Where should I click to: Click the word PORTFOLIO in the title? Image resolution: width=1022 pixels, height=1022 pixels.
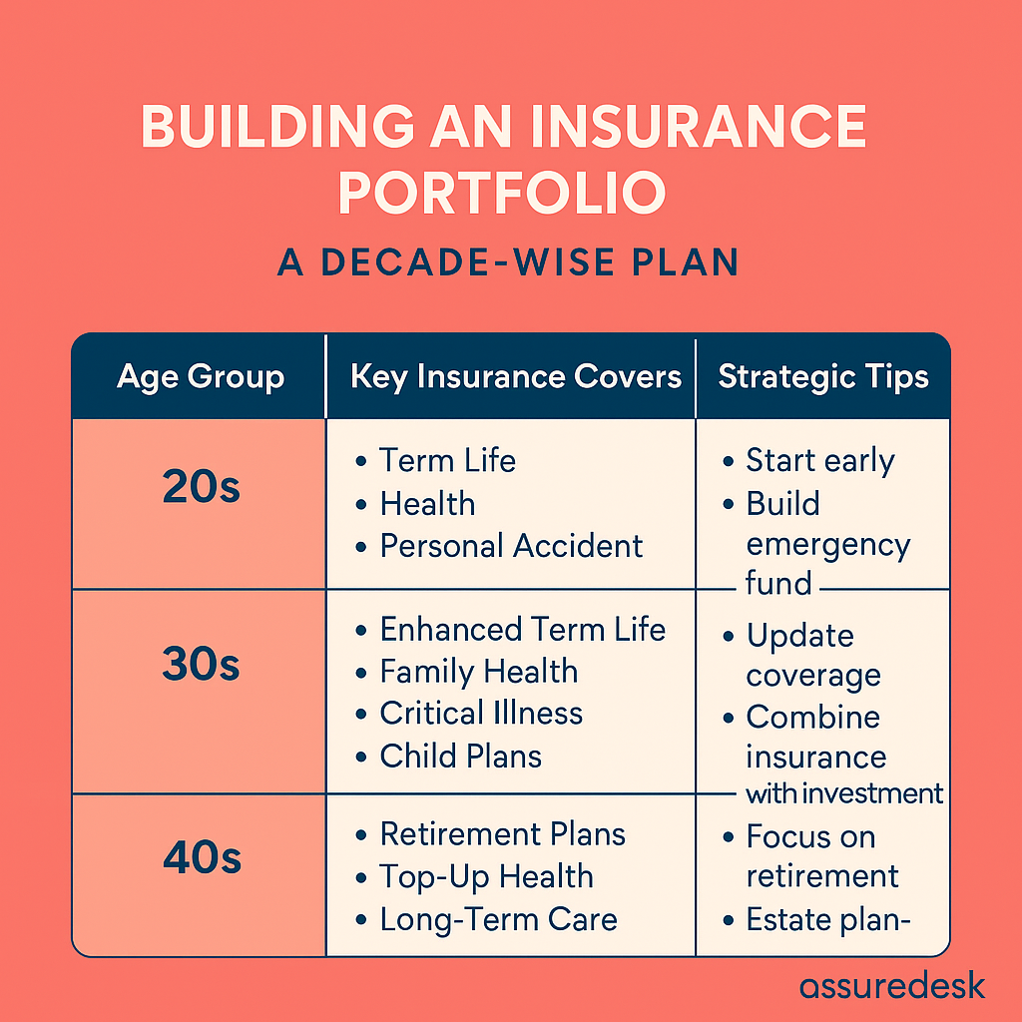coord(502,193)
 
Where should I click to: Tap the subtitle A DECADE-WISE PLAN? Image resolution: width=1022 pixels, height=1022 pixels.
coord(508,262)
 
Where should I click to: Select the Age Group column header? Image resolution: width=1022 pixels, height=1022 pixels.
coord(201,376)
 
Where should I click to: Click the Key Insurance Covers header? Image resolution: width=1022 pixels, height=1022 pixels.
coord(516,376)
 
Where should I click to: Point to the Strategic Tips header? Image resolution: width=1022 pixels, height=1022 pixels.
coord(823,376)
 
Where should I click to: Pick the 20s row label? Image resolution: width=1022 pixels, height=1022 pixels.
coord(201,486)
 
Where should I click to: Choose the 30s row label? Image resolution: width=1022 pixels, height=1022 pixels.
coord(201,664)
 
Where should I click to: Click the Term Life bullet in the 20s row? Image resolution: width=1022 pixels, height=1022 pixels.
coord(447,460)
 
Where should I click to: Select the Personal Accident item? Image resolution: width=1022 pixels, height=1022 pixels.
coord(511,546)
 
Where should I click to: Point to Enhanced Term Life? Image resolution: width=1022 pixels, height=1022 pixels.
coord(523,630)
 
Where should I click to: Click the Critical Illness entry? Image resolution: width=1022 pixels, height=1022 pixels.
coord(481,713)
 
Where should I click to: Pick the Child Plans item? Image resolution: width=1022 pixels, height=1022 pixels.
coord(461,757)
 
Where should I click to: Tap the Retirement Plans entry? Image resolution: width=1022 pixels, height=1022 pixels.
coord(503,834)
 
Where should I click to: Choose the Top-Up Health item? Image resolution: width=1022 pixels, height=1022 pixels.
coord(486,877)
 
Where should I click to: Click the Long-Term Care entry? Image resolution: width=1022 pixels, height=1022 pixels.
coord(499,919)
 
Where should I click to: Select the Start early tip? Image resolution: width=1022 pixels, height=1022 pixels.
coord(820,461)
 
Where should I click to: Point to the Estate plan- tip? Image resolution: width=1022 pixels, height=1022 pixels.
coord(827,920)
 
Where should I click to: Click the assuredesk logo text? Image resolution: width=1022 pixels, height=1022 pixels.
coord(892,985)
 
